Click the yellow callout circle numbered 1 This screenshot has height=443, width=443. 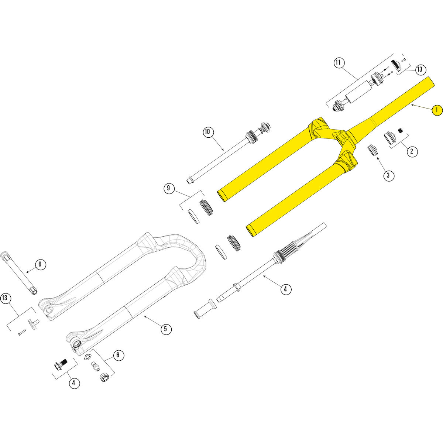(x=437, y=110)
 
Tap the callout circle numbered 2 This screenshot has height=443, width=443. (x=412, y=151)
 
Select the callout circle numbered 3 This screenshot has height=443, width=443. (x=388, y=175)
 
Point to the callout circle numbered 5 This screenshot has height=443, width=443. (x=166, y=329)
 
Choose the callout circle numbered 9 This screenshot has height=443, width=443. (x=169, y=188)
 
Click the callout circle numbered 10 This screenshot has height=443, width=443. (x=208, y=132)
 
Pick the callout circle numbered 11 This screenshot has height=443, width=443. (x=339, y=62)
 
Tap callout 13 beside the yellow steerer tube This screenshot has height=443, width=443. (x=420, y=69)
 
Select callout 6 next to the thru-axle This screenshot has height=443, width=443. (x=40, y=264)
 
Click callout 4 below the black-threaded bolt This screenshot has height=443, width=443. (x=74, y=383)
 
